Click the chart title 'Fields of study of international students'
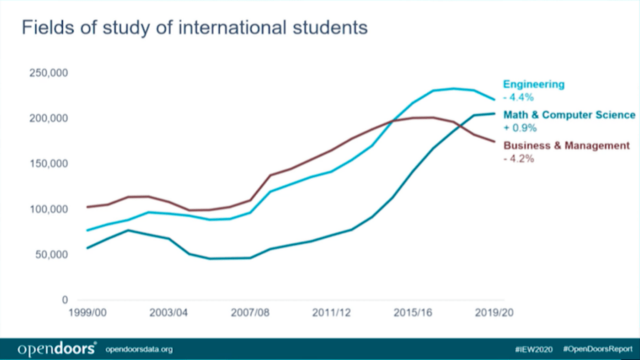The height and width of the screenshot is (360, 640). pos(194,28)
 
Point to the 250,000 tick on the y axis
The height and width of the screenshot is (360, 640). pos(48,73)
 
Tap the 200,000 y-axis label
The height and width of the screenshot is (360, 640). pos(48,119)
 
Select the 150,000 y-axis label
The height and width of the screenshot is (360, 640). pos(48,164)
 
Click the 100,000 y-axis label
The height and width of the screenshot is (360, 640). pos(48,210)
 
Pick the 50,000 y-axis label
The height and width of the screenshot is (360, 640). pos(51,255)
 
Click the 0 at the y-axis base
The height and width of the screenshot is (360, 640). pos(65,300)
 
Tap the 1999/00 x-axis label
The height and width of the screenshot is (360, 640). pos(88,312)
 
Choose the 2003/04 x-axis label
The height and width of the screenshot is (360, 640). pos(169,312)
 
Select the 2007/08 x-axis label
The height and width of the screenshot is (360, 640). pos(250,312)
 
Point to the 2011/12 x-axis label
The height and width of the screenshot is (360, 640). pos(332,312)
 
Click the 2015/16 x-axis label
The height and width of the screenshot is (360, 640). pos(412,312)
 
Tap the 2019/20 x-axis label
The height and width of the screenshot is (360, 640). pos(494,312)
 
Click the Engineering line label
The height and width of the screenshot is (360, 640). pos(534,84)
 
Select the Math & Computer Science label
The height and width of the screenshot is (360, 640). pos(569,115)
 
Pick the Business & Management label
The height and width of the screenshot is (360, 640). pos(566,146)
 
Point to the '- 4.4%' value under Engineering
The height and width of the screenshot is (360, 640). pos(518,97)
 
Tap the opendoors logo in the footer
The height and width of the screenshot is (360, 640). pos(56,349)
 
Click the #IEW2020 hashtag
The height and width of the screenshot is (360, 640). pos(534,349)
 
